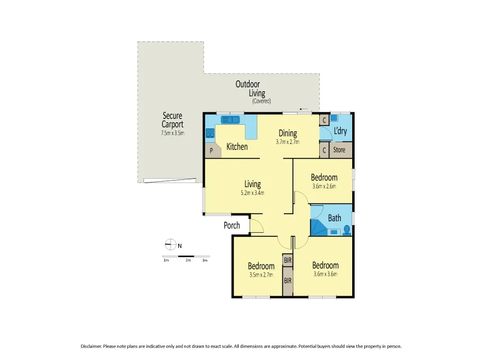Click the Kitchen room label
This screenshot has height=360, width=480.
click(x=237, y=146)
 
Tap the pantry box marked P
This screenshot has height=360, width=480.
click(x=211, y=151)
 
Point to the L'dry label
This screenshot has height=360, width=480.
click(x=340, y=131)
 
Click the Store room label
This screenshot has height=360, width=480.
click(x=339, y=150)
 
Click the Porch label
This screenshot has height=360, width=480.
click(x=232, y=226)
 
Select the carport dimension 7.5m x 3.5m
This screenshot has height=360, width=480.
click(x=172, y=133)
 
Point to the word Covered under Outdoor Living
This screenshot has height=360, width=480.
click(x=262, y=101)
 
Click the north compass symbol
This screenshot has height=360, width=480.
click(x=170, y=244)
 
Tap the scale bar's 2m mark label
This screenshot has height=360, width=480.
click(x=188, y=260)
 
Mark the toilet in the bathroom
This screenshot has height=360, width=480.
click(x=346, y=229)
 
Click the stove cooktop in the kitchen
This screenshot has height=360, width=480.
click(x=210, y=133)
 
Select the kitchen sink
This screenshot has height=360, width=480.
click(x=230, y=120)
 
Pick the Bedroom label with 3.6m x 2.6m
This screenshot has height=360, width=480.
click(x=324, y=178)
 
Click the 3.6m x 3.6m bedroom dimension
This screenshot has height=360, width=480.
click(x=325, y=274)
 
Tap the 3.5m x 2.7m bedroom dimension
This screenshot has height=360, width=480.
click(x=261, y=275)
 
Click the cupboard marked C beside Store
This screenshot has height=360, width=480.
click(x=324, y=150)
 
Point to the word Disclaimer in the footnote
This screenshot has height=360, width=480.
click(x=94, y=346)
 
